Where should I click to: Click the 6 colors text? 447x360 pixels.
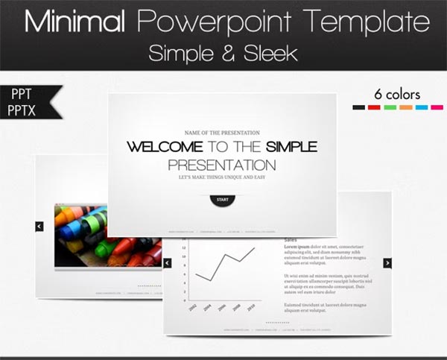pyautogui.click(x=397, y=95)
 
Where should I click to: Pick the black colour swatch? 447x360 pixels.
pyautogui.click(x=358, y=107)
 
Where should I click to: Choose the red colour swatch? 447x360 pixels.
pyautogui.click(x=374, y=107)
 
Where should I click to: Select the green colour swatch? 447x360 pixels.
pyautogui.click(x=390, y=107)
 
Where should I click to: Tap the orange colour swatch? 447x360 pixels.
pyautogui.click(x=405, y=107)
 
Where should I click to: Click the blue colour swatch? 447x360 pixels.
pyautogui.click(x=421, y=107)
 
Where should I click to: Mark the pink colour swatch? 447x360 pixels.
pyautogui.click(x=437, y=107)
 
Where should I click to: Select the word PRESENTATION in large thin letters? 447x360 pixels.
pyautogui.click(x=221, y=165)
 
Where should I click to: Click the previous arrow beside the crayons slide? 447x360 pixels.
pyautogui.click(x=39, y=226)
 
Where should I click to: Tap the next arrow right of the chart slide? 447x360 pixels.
pyautogui.click(x=387, y=262)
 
